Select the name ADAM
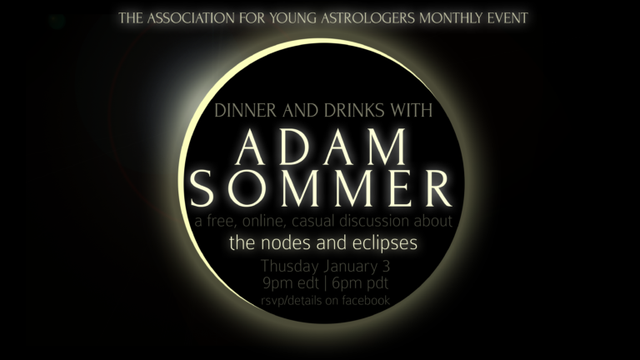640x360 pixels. tap(322, 150)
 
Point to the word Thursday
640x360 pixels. tap(292, 267)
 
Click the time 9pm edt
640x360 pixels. tap(286, 284)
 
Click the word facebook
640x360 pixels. tap(360, 300)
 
